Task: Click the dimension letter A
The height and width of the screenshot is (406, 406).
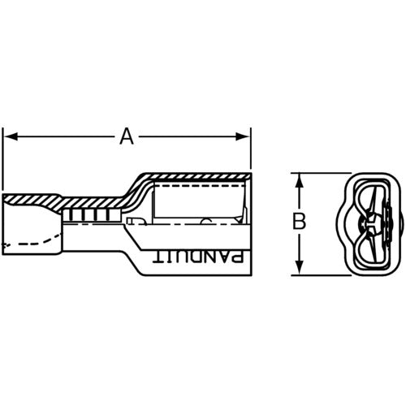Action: pyautogui.click(x=126, y=137)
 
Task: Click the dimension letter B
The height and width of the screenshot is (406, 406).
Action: pyautogui.click(x=299, y=221)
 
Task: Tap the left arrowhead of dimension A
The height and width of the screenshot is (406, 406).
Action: pyautogui.click(x=10, y=137)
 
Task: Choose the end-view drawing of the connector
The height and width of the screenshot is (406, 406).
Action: pyautogui.click(x=370, y=223)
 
